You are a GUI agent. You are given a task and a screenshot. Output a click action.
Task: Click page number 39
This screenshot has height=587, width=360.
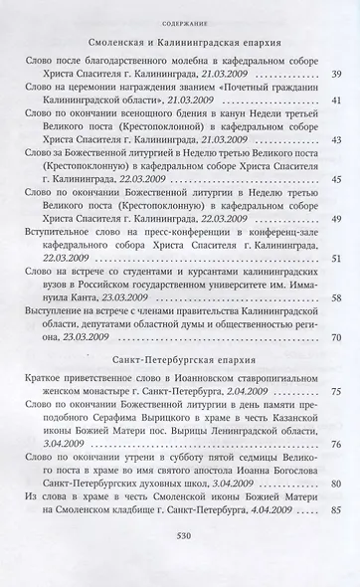point(335,76)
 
